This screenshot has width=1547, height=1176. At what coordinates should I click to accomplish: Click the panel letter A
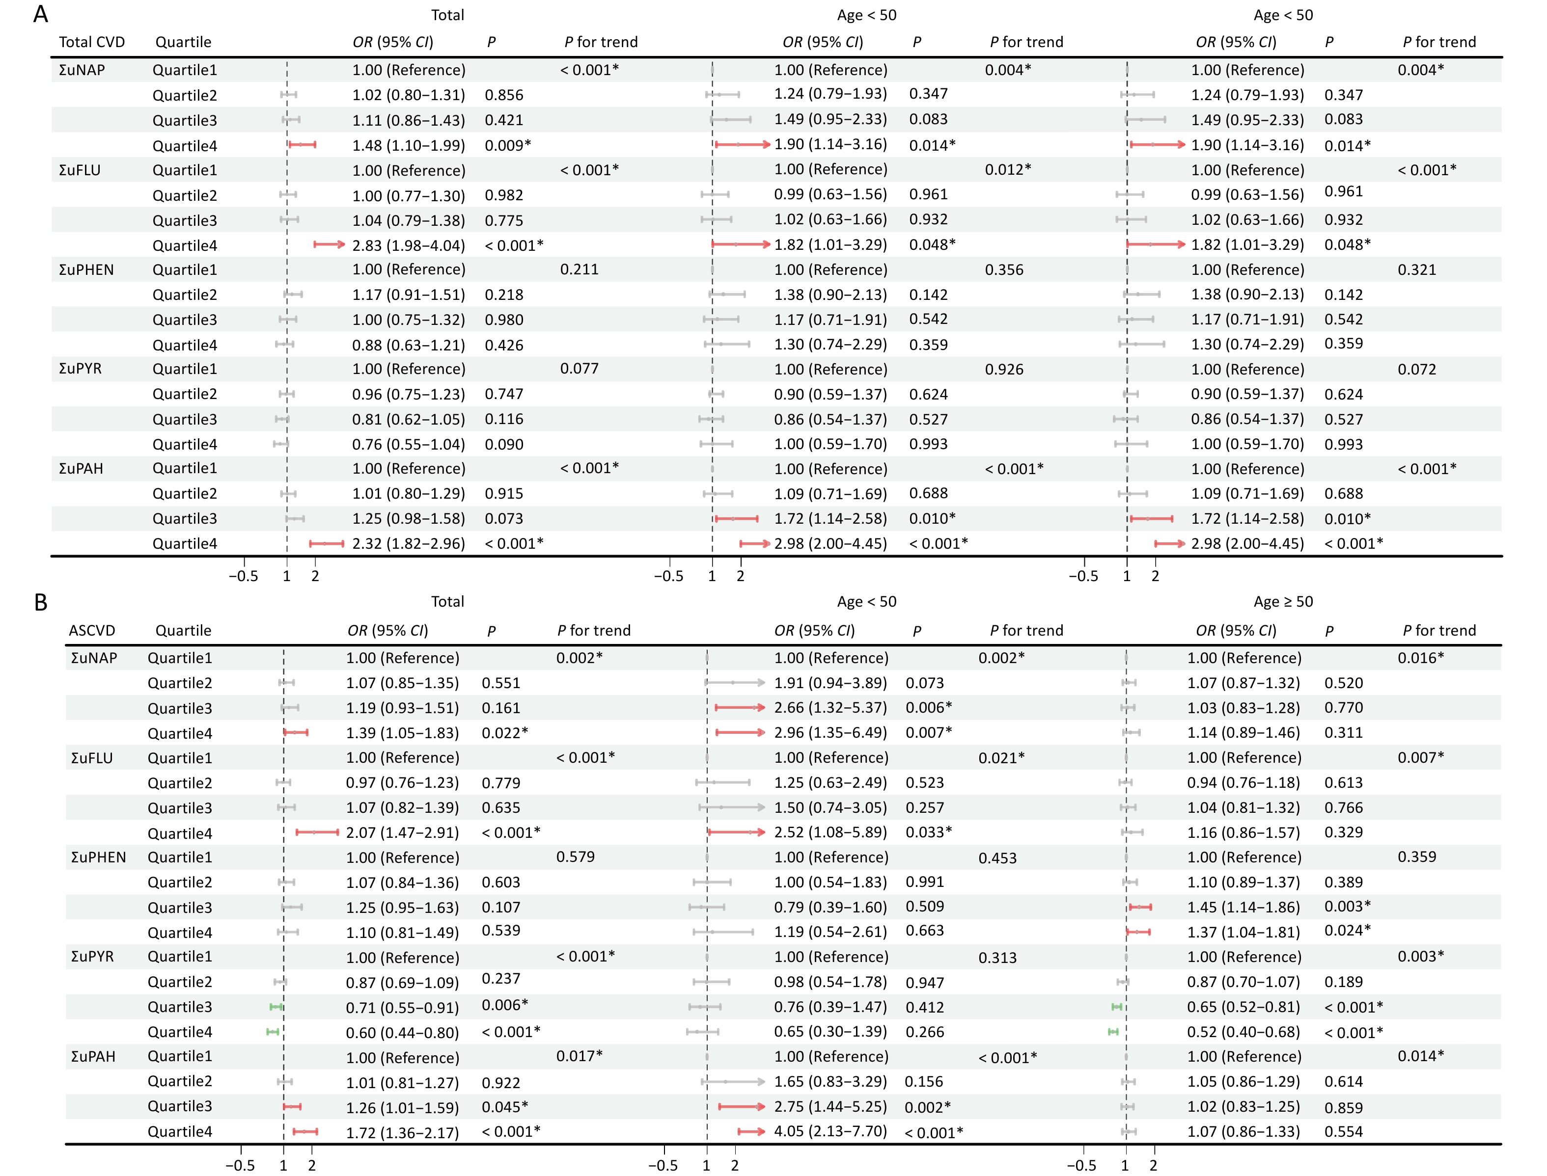pos(41,14)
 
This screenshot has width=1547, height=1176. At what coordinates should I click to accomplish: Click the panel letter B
pos(41,602)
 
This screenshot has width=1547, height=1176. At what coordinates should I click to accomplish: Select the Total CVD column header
pos(92,42)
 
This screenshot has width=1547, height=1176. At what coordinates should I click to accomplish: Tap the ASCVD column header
pos(92,630)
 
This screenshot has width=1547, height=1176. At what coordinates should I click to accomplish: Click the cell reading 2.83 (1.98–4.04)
pos(408,246)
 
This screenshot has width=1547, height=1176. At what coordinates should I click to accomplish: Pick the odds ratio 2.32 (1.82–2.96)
pos(408,544)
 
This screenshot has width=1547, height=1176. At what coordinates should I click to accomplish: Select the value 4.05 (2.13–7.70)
pos(830,1131)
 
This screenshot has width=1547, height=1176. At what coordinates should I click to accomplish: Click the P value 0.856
pos(503,95)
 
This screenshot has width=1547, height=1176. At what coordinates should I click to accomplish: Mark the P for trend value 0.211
pos(579,269)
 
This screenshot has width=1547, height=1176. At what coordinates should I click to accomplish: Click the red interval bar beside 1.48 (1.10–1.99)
pos(302,144)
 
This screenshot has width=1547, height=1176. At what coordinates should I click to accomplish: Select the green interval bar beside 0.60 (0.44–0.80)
pos(273,1031)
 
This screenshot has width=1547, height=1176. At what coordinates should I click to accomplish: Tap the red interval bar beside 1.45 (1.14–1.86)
pos(1140,907)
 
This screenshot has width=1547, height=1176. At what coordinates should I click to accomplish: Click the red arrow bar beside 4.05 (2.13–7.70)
pos(751,1131)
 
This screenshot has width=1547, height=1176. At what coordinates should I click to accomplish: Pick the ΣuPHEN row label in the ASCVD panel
pos(98,857)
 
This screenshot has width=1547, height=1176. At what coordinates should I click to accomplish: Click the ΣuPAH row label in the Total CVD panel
pos(81,468)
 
